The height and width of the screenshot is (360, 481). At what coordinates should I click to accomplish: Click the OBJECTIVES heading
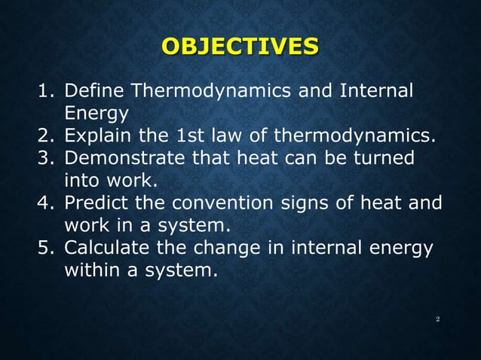(240, 47)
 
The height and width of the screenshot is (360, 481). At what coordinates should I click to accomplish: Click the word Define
(95, 93)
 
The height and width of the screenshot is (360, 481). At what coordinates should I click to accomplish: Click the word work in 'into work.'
(137, 182)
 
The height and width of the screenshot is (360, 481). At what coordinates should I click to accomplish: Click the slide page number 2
(437, 320)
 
